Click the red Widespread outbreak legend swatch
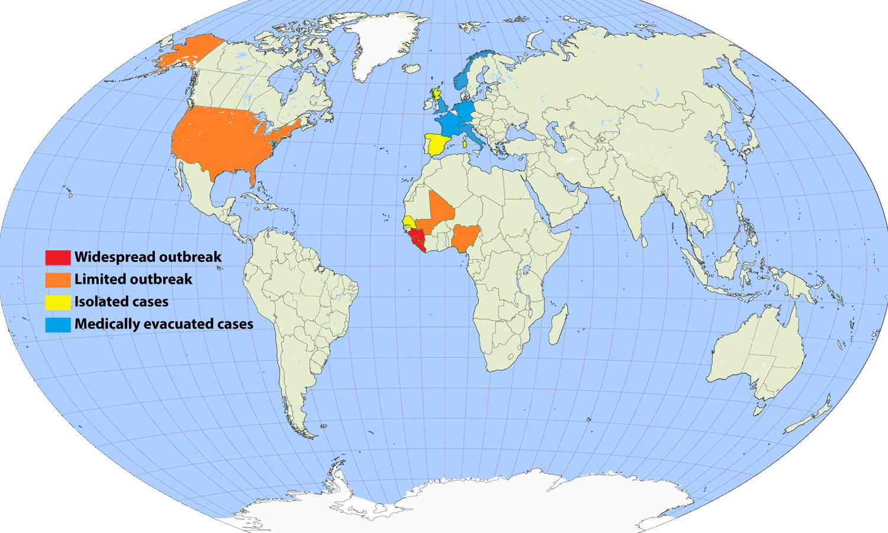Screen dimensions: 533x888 click(57, 257)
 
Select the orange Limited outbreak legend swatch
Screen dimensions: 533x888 click(57, 279)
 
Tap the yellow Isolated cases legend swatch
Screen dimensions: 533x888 click(57, 301)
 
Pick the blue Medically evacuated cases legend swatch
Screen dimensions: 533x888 click(57, 324)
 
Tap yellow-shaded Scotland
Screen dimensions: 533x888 click(437, 94)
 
